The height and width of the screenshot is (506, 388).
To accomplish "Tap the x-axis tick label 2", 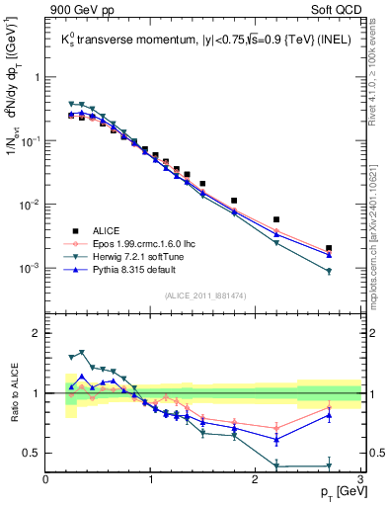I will point(257,479).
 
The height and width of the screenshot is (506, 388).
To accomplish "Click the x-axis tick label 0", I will point(46,479).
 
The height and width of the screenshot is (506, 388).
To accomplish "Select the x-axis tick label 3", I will point(360,479).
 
